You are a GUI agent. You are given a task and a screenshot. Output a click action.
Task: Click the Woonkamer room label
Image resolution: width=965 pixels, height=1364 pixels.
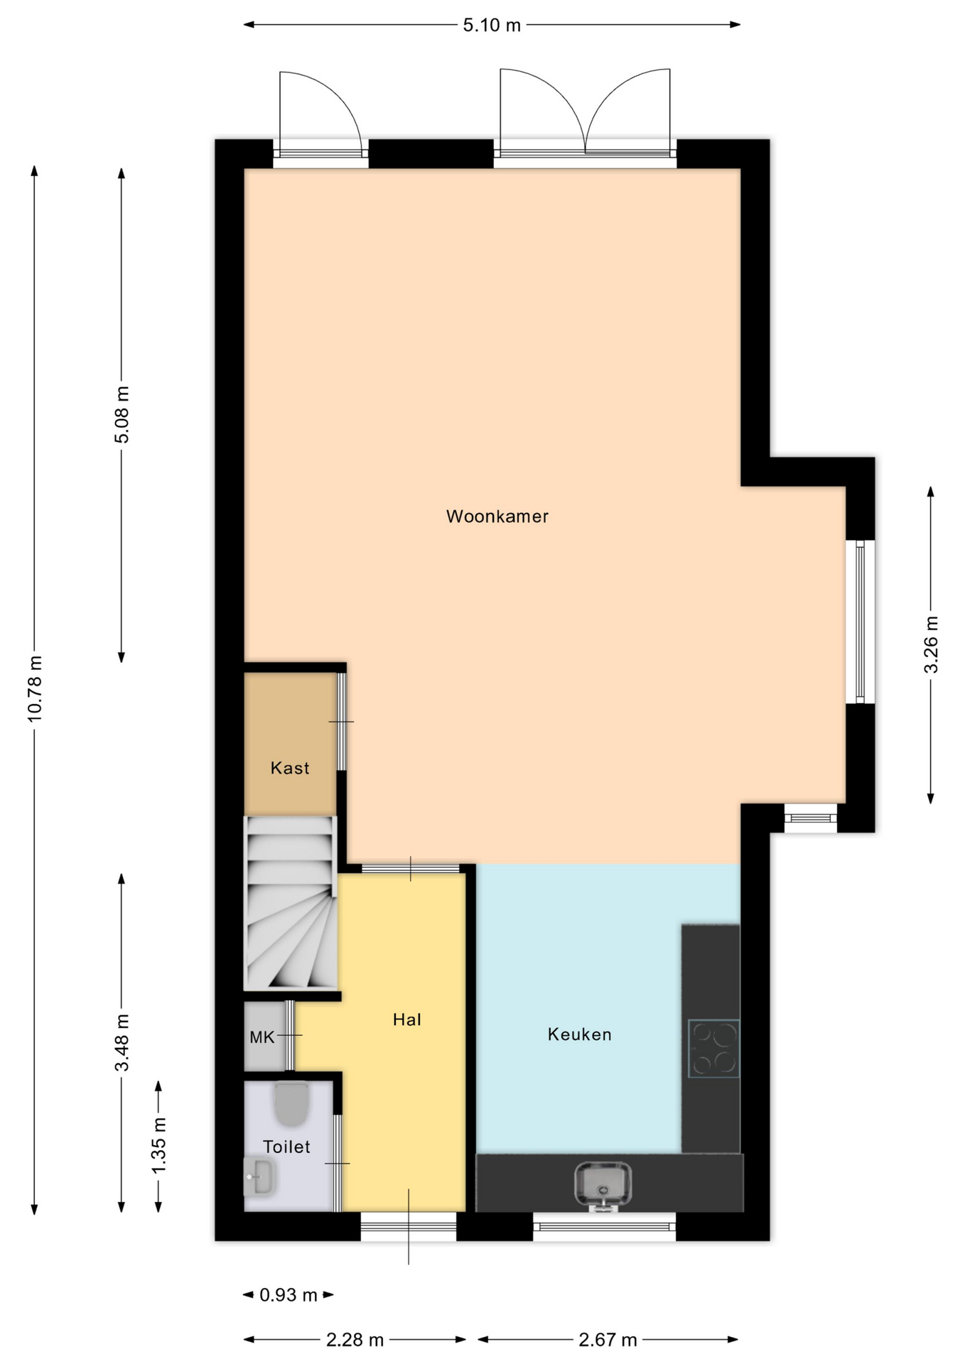(497, 516)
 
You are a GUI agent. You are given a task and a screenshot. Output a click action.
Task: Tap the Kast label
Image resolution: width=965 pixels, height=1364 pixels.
(290, 768)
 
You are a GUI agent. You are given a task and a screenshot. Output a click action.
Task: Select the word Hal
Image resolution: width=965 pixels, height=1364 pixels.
(407, 1019)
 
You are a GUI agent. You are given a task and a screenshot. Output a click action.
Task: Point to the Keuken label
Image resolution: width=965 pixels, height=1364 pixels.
(579, 1034)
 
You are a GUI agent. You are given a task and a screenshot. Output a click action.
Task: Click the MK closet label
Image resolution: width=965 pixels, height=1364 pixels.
(262, 1037)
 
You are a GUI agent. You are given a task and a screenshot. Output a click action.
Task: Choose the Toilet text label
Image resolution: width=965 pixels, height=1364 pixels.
(286, 1147)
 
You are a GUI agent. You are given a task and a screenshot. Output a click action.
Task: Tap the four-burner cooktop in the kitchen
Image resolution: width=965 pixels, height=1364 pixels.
(713, 1049)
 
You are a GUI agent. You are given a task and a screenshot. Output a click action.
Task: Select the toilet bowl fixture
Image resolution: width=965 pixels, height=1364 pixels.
(291, 1103)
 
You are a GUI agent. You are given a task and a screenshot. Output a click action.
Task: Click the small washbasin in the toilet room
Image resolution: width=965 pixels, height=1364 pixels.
(259, 1176)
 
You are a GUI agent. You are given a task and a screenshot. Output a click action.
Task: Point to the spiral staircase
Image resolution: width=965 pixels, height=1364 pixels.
(290, 903)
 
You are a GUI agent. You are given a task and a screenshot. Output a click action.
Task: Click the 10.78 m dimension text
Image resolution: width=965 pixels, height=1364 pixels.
(35, 689)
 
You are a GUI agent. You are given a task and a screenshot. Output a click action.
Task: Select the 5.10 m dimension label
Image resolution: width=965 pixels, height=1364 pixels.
(492, 26)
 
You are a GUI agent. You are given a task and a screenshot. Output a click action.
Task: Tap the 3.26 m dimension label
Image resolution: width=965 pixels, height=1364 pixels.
(931, 645)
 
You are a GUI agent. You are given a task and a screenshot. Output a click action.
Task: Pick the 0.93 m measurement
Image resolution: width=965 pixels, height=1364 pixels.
(288, 1295)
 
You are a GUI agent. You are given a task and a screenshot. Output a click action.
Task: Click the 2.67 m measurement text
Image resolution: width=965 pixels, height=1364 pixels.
(608, 1340)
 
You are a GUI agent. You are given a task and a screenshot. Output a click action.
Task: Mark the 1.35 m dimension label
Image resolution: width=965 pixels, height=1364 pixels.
(158, 1146)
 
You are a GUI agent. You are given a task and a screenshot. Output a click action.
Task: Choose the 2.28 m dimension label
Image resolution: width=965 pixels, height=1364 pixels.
(355, 1340)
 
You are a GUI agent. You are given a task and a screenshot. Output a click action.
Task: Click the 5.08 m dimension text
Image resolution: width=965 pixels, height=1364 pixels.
(122, 415)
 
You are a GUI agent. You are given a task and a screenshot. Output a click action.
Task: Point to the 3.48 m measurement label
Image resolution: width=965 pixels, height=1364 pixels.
(122, 1042)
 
